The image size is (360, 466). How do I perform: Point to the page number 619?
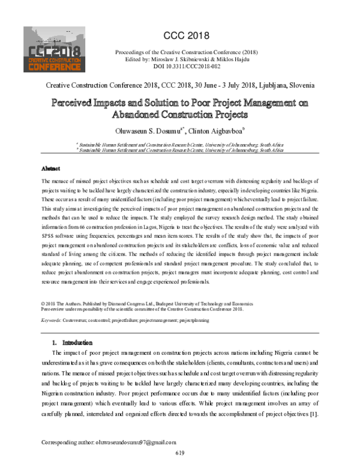[180, 453]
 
